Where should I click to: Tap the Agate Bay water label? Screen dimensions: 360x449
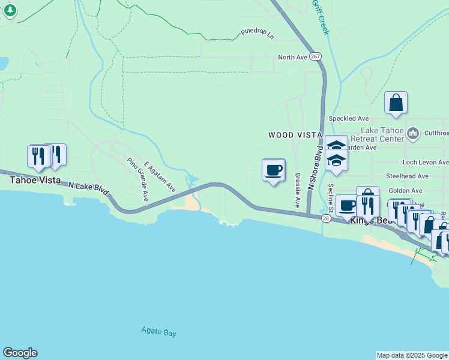click(x=158, y=332)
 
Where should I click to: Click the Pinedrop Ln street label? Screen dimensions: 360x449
click(x=257, y=34)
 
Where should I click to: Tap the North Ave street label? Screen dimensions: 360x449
click(x=292, y=57)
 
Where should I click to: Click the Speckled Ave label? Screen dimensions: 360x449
click(x=349, y=118)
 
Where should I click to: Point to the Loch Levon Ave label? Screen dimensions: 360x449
click(x=425, y=162)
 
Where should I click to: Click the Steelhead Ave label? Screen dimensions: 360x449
click(x=407, y=176)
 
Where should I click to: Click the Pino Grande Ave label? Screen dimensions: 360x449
click(x=137, y=179)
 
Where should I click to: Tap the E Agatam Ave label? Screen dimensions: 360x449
click(x=159, y=176)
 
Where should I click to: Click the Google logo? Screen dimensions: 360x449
click(x=20, y=353)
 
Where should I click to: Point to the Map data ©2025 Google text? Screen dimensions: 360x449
click(x=412, y=355)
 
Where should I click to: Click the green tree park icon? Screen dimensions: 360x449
click(x=10, y=10)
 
